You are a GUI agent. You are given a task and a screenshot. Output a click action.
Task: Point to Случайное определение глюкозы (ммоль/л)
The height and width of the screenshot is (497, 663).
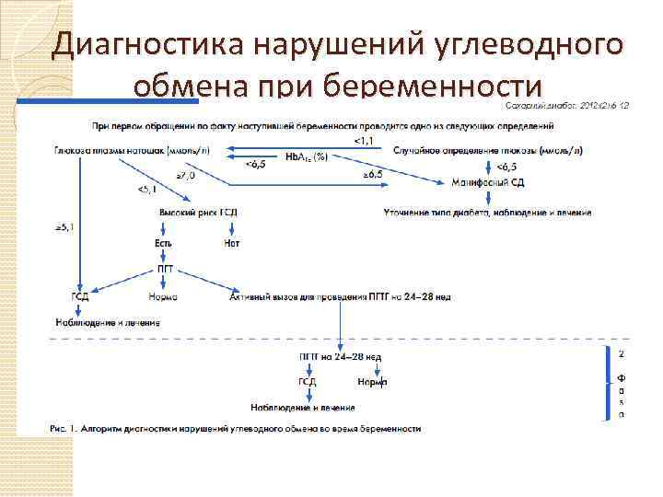(471, 150)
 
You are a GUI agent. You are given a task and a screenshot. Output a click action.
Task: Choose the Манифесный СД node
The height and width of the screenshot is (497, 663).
(488, 183)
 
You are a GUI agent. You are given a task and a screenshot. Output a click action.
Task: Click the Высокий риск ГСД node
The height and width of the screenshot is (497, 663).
(198, 214)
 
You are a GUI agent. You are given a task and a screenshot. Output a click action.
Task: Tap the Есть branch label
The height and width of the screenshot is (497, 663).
(164, 243)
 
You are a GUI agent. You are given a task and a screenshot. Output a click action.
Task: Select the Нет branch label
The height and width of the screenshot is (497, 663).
(232, 243)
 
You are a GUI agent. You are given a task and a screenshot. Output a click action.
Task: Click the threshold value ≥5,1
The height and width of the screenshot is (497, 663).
(64, 225)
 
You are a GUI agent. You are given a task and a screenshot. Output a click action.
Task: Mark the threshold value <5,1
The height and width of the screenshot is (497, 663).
(146, 191)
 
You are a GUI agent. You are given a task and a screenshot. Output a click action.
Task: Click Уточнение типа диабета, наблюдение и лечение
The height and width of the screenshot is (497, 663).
(487, 214)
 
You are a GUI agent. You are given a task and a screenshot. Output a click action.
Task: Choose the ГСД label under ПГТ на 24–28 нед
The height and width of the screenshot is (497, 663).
(308, 381)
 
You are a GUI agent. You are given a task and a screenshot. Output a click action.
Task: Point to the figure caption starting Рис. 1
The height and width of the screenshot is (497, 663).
(236, 429)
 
